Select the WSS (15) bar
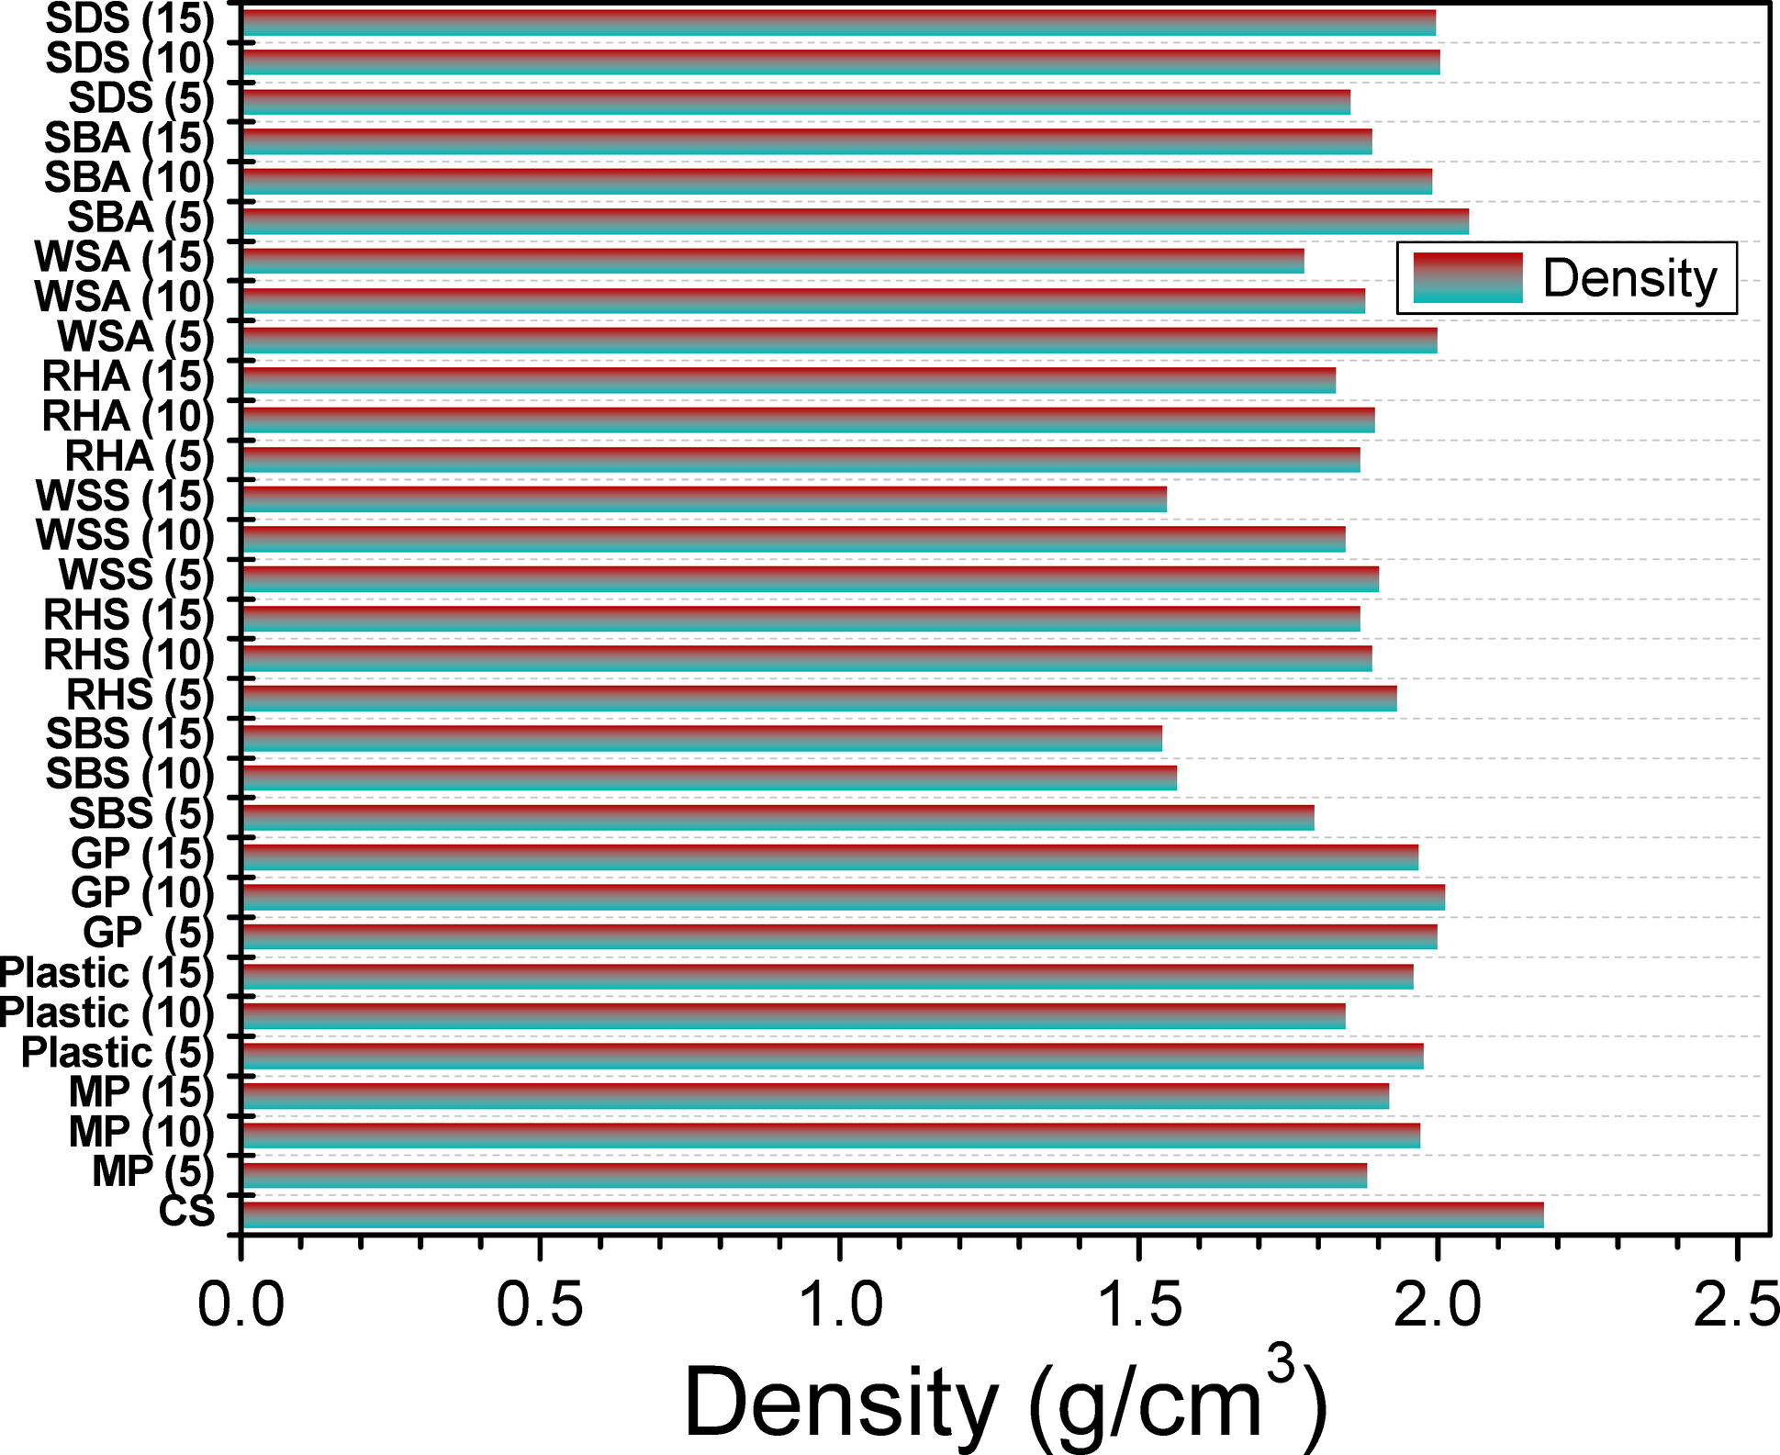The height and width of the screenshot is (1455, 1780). pos(703,499)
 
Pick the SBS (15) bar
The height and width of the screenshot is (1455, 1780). pos(701,738)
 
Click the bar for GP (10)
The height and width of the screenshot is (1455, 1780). pos(842,897)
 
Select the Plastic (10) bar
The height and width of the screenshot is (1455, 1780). pos(792,1016)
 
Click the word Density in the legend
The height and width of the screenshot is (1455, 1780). pos(1629,278)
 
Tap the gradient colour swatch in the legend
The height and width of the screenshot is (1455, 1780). pos(1468,278)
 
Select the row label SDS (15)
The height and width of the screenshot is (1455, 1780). pos(129,18)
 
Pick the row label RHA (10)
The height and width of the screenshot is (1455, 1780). pos(128,417)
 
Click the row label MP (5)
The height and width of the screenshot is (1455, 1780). pos(152,1172)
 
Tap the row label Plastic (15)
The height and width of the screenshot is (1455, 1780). pos(106,973)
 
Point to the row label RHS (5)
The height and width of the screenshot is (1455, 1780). pos(140,695)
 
